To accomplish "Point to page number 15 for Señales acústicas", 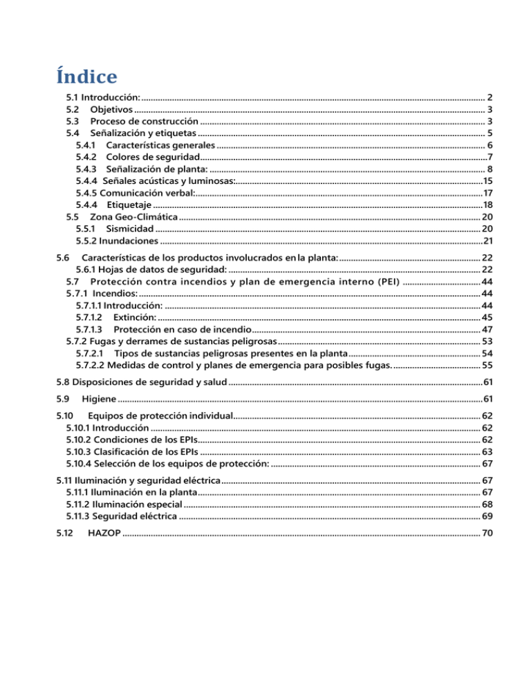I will (x=487, y=180).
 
